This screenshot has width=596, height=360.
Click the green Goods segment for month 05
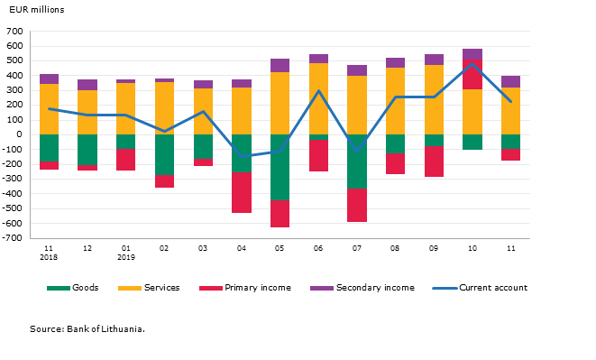coord(280,168)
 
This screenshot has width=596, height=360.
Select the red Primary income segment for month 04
coord(242,192)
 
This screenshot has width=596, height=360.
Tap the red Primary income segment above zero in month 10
coord(472,74)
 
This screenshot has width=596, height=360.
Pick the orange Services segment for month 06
coord(318,99)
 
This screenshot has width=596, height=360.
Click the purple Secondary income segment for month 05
coord(280,66)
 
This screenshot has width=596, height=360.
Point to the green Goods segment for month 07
coord(357,162)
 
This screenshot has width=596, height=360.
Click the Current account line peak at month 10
coord(472,63)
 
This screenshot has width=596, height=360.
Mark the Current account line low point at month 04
coord(242,156)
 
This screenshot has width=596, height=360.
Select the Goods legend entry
coord(73,288)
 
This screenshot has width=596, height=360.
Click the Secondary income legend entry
coord(362,288)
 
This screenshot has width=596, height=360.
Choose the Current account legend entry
coord(480,288)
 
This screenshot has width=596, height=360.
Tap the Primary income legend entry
coord(245,288)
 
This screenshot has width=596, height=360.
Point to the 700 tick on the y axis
coord(14,32)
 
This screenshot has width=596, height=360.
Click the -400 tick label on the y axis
coord(13,194)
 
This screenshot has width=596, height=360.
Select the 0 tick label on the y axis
coord(19,134)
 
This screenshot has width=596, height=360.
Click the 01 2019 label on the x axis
coord(126,253)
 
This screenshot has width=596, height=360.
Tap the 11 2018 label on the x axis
coord(49,253)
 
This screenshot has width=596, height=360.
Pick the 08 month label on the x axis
coord(395,248)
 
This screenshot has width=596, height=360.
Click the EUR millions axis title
coord(36,10)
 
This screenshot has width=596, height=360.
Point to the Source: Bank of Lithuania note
coord(87,328)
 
